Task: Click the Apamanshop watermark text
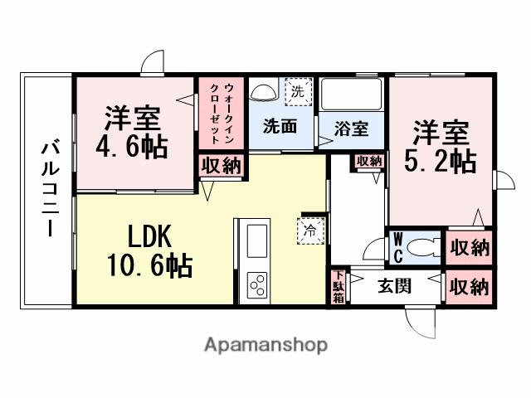265,344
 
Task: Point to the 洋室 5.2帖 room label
442,147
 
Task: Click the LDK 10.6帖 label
149,252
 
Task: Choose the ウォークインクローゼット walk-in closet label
222,114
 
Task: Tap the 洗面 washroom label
280,127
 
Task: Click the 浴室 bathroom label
351,129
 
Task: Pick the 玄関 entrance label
394,288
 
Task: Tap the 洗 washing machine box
295,92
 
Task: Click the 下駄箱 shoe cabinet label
338,288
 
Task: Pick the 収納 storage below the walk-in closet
220,165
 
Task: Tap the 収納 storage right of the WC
469,247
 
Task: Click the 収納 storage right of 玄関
469,287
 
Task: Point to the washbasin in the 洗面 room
263,92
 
